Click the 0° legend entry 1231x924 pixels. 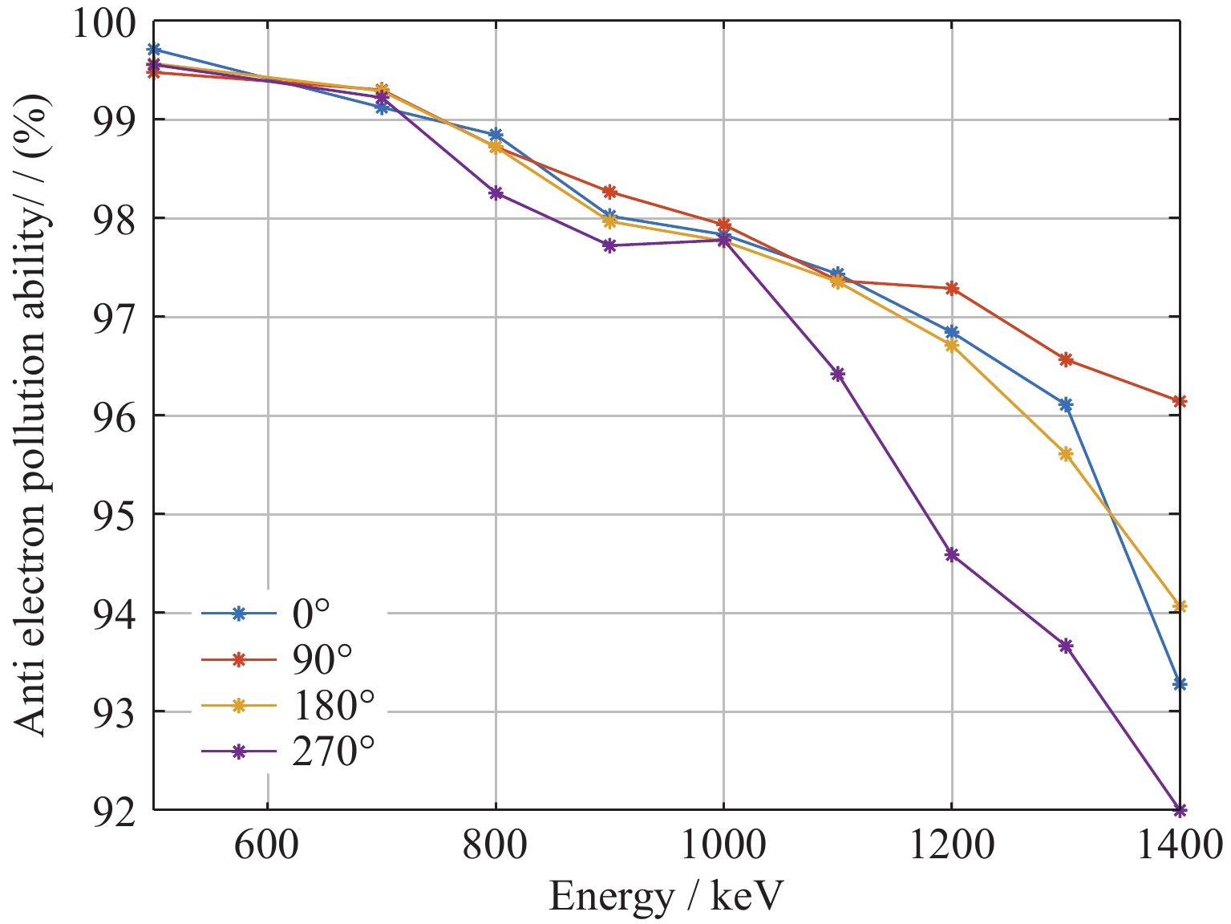pyautogui.click(x=310, y=614)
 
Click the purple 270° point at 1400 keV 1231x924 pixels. pyautogui.click(x=1179, y=809)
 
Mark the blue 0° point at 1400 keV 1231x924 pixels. pyautogui.click(x=1179, y=684)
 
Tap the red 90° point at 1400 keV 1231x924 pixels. pyautogui.click(x=1179, y=401)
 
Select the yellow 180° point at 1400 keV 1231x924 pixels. pyautogui.click(x=1179, y=606)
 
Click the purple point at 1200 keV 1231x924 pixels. pyautogui.click(x=951, y=554)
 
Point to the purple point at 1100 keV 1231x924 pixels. pyautogui.click(x=837, y=374)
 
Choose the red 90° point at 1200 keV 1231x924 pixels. pyautogui.click(x=951, y=288)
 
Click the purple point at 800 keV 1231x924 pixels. pyautogui.click(x=496, y=192)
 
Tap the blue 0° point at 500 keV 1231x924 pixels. pyautogui.click(x=153, y=50)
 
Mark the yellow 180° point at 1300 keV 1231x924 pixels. pyautogui.click(x=1065, y=454)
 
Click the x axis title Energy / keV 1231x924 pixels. pyautogui.click(x=666, y=896)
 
